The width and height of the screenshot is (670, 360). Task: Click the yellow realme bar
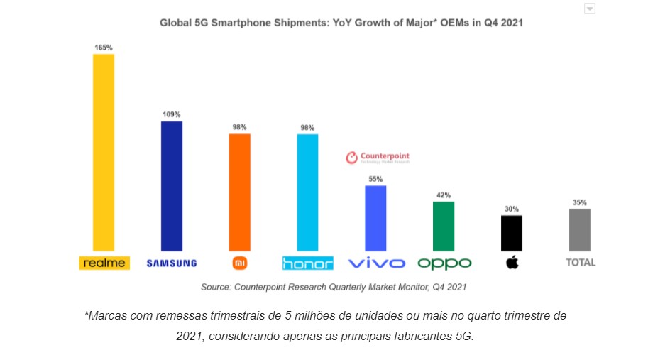click(x=104, y=152)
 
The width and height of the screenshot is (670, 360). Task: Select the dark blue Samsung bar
click(x=172, y=185)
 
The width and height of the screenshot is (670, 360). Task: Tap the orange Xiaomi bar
click(x=239, y=192)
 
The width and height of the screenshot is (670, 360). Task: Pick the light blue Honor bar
click(x=307, y=192)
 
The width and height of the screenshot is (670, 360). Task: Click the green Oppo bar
click(x=444, y=226)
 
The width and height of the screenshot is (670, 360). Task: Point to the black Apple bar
click(x=512, y=233)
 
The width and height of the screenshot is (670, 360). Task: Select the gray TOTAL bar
click(x=580, y=229)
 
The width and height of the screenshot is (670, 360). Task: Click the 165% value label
click(x=104, y=48)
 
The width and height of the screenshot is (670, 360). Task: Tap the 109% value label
click(x=172, y=114)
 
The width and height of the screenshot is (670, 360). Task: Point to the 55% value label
click(x=375, y=179)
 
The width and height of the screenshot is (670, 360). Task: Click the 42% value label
click(x=444, y=195)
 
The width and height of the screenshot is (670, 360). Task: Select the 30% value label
click(x=512, y=209)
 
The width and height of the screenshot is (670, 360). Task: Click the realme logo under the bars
click(x=104, y=263)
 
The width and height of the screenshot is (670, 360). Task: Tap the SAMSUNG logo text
click(x=172, y=263)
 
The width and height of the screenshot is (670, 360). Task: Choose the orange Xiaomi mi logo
click(x=240, y=263)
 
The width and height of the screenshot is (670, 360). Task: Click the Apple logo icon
click(x=512, y=263)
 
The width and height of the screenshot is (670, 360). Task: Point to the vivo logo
click(x=376, y=263)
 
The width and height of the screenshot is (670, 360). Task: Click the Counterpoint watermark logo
click(x=377, y=158)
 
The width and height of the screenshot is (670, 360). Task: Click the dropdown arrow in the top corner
click(x=589, y=9)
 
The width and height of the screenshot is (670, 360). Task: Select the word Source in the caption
click(x=216, y=287)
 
